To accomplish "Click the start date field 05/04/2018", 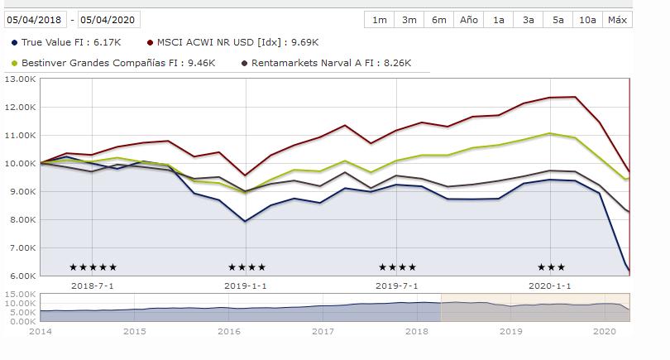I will (x=36, y=19).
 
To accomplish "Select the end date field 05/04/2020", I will (x=109, y=19).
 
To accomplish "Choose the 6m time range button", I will (x=439, y=20).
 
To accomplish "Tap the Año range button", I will (x=469, y=20).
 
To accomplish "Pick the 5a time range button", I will (x=558, y=20).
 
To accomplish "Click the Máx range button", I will (x=617, y=20).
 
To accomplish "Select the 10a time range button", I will (x=588, y=20).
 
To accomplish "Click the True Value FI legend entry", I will (x=65, y=42).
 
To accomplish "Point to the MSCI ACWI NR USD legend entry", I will (x=232, y=42).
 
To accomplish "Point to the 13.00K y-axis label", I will (x=21, y=79).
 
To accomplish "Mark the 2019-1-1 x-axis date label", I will (x=246, y=286).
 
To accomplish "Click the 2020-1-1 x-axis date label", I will (x=550, y=286).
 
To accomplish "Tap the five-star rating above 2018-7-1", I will (x=93, y=267).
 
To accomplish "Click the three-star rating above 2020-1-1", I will (x=551, y=267).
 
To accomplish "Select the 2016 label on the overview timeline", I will (x=228, y=331).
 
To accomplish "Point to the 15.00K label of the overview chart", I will (x=21, y=295).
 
